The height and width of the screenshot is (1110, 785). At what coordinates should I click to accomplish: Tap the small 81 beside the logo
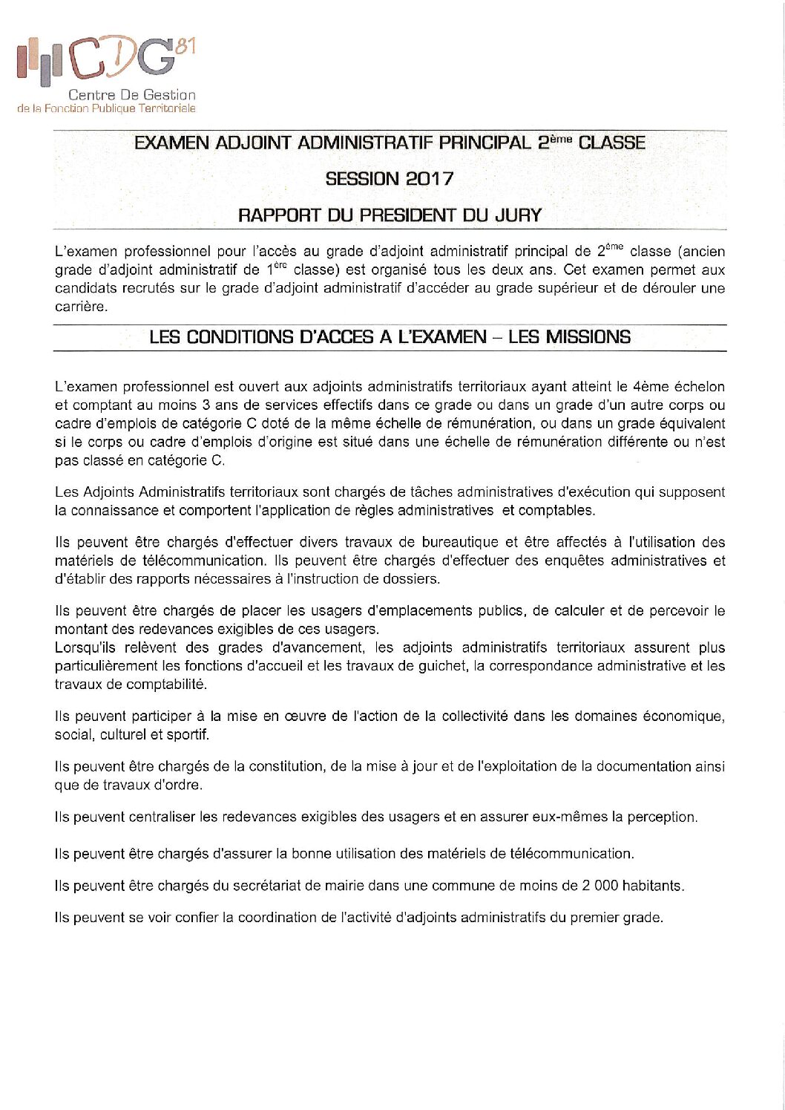[186, 45]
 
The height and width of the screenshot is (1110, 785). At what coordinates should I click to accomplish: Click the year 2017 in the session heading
[430, 179]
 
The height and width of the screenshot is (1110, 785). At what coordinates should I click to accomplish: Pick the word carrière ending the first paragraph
[81, 307]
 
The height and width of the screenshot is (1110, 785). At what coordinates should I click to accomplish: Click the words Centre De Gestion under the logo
[131, 95]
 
